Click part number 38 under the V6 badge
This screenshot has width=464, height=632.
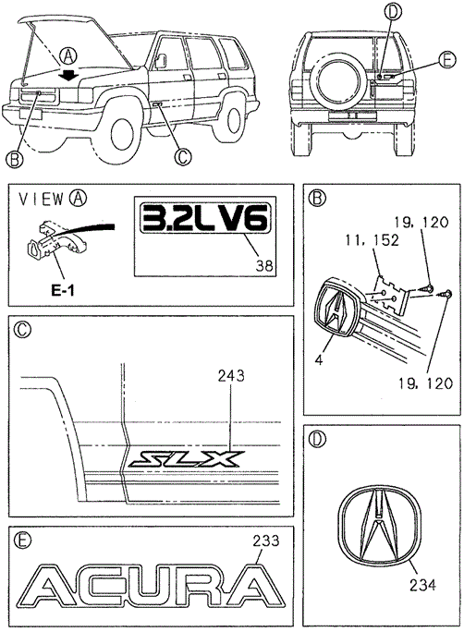point(264,265)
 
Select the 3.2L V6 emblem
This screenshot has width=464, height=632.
point(205,218)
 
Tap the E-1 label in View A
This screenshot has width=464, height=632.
point(63,291)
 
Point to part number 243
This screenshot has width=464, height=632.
point(231,376)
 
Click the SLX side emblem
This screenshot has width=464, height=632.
point(186,459)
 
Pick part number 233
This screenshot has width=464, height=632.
point(266,541)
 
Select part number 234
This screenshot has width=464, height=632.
point(423,585)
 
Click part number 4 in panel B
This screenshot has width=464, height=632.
point(319,360)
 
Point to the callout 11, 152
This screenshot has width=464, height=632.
point(372,240)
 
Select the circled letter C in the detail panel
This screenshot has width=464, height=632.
point(22,330)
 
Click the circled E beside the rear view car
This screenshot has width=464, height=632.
point(446,60)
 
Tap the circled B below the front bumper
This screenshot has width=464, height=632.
point(14,160)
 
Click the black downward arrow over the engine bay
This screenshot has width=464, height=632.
point(69,74)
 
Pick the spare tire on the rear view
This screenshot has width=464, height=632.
point(335,80)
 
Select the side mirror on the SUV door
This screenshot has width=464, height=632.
point(161,60)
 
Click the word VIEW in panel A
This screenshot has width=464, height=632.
point(42,199)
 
